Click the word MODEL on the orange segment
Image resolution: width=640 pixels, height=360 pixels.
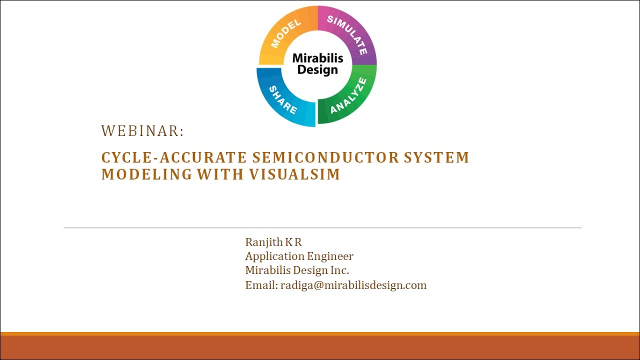click(286, 33)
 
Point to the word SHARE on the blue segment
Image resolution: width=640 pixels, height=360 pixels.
click(283, 99)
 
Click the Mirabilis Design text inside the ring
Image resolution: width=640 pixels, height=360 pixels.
click(317, 63)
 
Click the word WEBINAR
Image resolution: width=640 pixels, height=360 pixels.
click(142, 131)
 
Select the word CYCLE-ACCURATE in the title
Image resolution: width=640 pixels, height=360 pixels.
click(174, 157)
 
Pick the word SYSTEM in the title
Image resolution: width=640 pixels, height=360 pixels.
click(436, 157)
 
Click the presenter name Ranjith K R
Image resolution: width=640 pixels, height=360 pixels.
click(273, 242)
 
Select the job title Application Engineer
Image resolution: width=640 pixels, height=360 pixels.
click(299, 256)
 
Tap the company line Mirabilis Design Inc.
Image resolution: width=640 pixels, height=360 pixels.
click(297, 270)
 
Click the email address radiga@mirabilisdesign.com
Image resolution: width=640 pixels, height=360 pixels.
click(353, 285)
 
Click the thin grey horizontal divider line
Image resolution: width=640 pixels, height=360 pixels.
click(322, 228)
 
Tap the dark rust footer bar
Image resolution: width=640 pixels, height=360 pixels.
click(320, 347)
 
